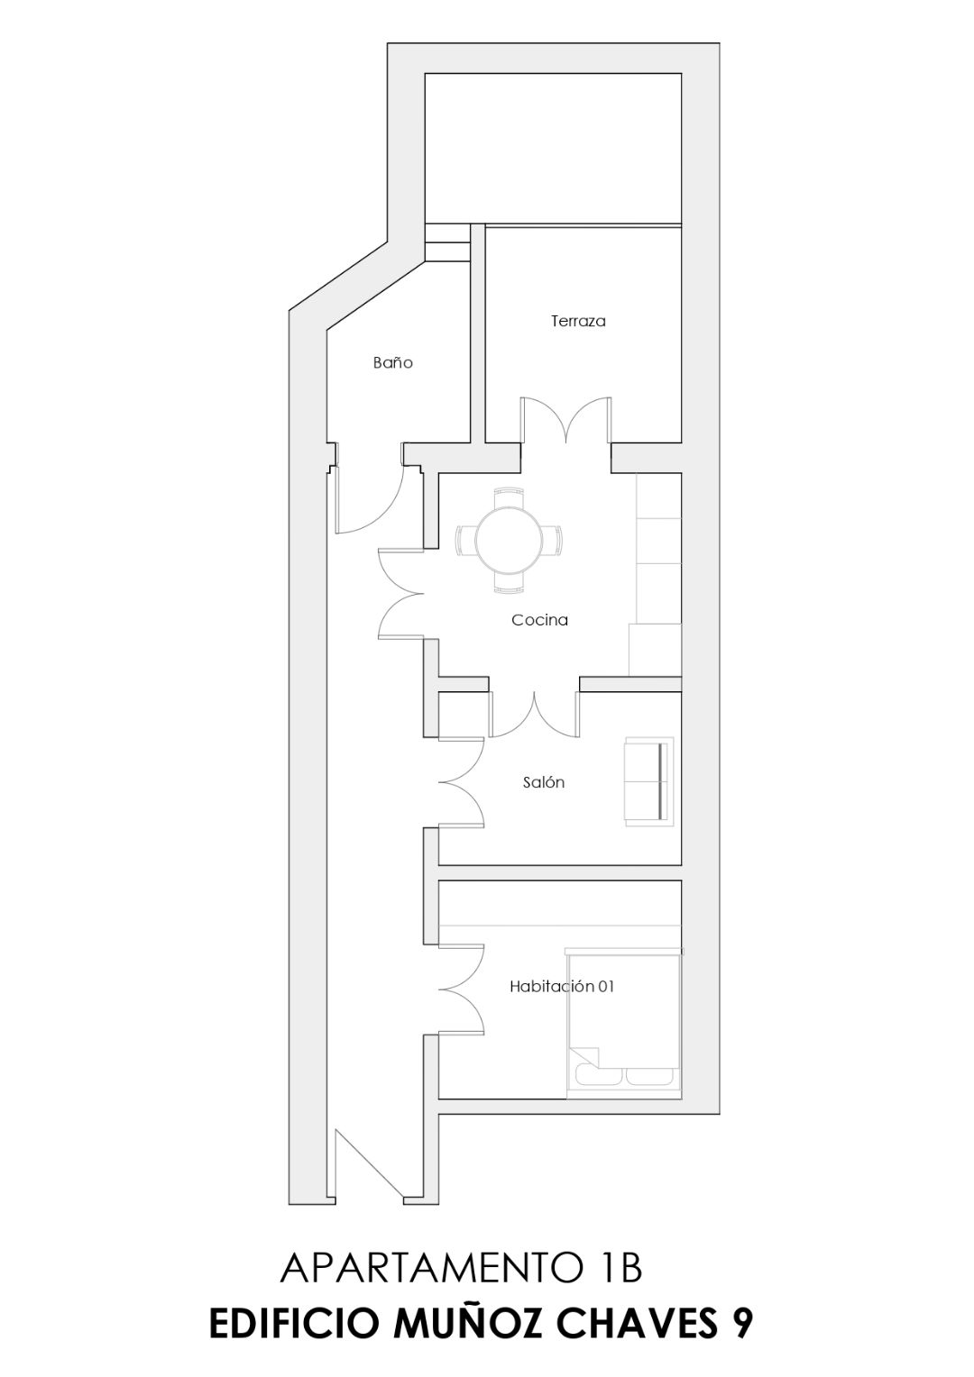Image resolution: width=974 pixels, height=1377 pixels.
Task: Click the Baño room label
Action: (x=392, y=362)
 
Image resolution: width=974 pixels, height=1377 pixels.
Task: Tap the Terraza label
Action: (x=578, y=321)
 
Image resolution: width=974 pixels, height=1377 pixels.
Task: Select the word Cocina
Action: (x=539, y=620)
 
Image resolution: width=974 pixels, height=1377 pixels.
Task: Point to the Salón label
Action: (x=543, y=782)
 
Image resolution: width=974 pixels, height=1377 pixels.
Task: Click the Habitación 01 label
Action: (x=562, y=987)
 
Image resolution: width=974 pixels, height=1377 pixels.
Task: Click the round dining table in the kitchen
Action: (x=510, y=541)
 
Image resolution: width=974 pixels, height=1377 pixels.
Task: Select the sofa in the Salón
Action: (x=649, y=781)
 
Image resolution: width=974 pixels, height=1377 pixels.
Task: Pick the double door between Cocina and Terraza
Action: (x=566, y=421)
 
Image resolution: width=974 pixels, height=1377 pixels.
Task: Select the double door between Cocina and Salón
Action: (x=534, y=715)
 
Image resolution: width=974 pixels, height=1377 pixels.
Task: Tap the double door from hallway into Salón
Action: (x=462, y=782)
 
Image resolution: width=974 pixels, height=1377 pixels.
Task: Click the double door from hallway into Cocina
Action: (x=400, y=595)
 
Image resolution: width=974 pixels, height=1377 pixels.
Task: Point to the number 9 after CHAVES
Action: (x=742, y=1324)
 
